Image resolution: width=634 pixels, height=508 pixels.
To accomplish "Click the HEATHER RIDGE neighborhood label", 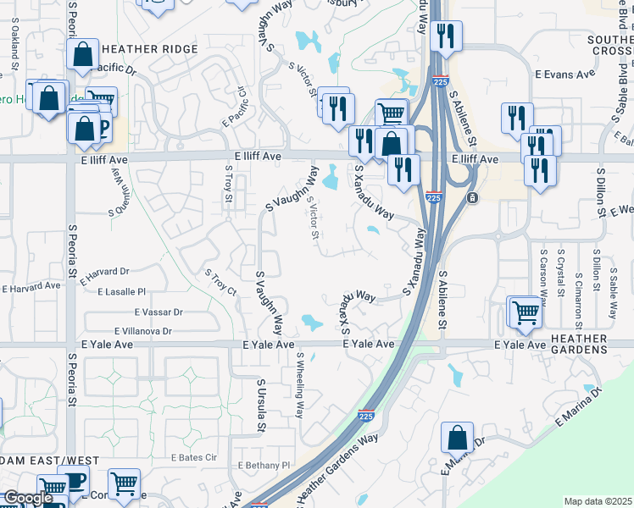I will pos(150,50).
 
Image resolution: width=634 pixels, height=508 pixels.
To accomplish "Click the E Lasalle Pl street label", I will pos(122,292).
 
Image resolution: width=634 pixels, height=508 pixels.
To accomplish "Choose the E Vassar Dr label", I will pos(153,312).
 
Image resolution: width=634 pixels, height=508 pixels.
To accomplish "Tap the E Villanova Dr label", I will pos(142,332).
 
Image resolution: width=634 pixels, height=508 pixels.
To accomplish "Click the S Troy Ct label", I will pos(220,282).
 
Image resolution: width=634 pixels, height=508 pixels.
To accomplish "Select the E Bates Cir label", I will pos(194,457).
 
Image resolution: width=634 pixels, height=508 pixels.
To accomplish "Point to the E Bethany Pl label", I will pos(264,466).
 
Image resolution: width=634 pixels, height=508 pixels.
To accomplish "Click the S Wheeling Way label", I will pos(299,386).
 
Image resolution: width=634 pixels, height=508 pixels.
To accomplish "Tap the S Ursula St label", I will pos(262,406).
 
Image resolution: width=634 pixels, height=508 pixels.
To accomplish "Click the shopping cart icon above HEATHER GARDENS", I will pos(525,312).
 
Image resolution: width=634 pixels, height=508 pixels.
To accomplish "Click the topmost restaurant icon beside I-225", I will pos(444,36).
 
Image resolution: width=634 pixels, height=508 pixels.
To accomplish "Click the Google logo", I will pos(27,498).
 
